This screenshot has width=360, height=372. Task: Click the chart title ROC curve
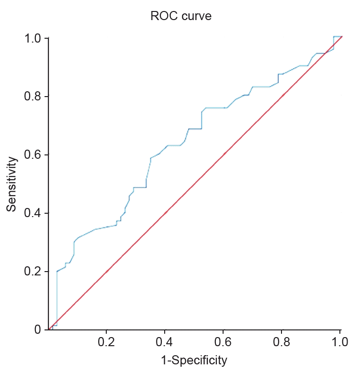click(181, 16)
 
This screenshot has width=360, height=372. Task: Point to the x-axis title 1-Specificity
click(194, 360)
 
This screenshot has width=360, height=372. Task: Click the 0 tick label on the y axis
click(37, 330)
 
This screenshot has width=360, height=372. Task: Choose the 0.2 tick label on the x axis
click(106, 342)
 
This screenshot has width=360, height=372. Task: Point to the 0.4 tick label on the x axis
click(165, 342)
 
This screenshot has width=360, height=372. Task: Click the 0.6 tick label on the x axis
click(223, 342)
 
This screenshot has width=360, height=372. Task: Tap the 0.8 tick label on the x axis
click(281, 342)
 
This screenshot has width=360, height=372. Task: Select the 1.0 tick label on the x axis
click(339, 342)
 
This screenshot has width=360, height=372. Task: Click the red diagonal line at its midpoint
click(195, 184)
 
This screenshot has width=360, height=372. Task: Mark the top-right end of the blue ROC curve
click(340, 36)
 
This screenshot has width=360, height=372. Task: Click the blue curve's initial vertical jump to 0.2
click(57, 299)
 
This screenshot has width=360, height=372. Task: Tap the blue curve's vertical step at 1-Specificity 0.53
click(202, 120)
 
